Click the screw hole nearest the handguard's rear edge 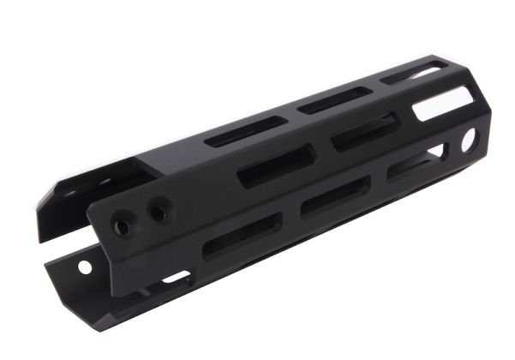point(123,225)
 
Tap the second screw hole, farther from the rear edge point(158,207)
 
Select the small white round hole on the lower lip point(85,267)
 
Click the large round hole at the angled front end point(469,140)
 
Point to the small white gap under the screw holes point(176,277)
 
